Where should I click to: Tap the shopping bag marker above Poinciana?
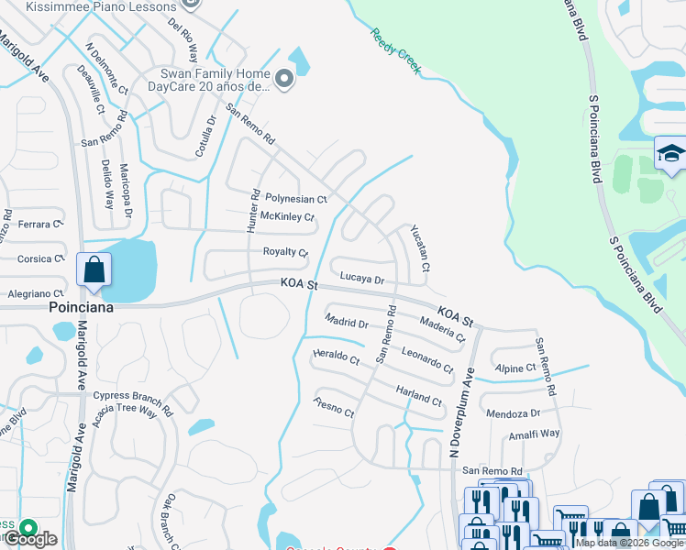coord(94,270)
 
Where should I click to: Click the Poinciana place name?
coord(81,308)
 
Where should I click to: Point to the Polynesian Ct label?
coord(295,198)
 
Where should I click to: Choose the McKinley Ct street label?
coord(287,216)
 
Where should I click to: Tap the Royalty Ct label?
coord(285,251)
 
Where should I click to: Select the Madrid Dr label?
coord(346,322)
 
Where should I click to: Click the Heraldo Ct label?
coord(336,358)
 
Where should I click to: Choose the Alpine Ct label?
coord(514,368)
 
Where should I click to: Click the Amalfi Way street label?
coord(536,433)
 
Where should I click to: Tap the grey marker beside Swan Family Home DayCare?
coord(284,80)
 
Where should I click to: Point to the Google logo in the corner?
coord(29,539)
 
